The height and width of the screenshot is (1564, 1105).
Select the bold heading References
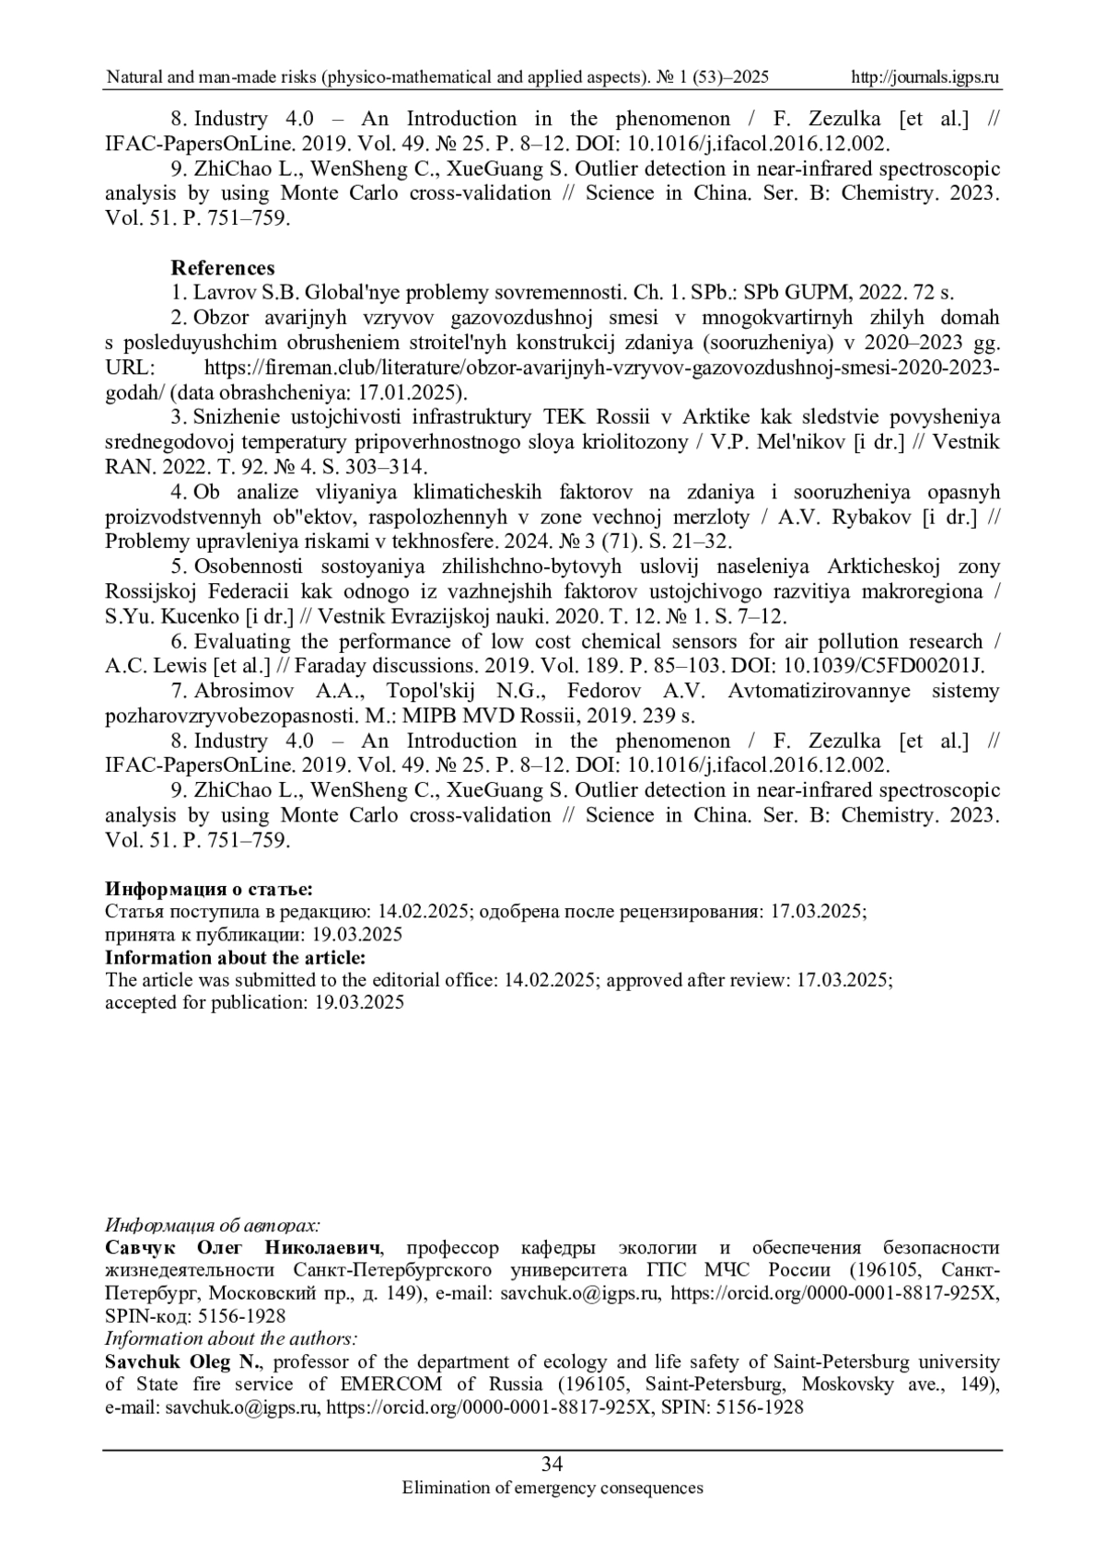coord(222,268)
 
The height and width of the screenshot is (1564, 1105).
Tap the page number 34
coord(552,1465)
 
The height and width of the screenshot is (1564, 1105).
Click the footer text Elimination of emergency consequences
coord(552,1488)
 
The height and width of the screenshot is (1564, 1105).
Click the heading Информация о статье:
coord(209,889)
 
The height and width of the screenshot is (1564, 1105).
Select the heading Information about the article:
coord(235,958)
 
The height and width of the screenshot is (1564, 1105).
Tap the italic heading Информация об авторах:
coord(213,1226)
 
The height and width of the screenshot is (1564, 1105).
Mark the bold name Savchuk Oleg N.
coord(183,1361)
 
